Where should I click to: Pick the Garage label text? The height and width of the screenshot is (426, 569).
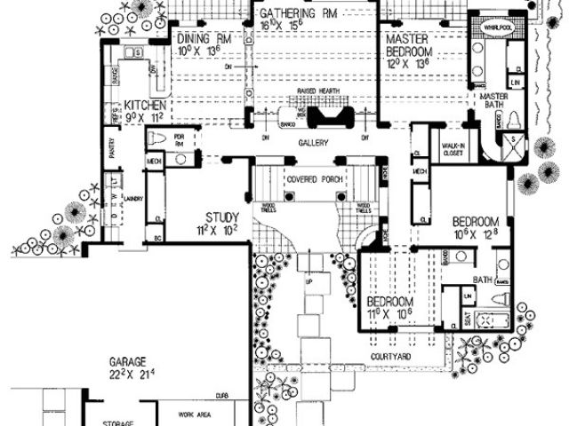click(128, 362)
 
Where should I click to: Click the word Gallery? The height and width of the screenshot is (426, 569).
click(314, 142)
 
